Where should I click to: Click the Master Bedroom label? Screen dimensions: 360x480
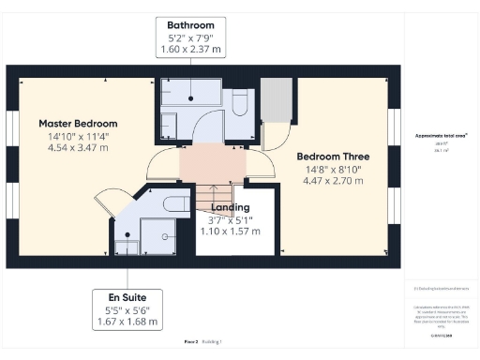pos(78,123)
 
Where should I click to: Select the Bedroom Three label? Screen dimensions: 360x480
pos(333,157)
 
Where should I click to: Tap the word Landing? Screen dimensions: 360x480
pos(231,207)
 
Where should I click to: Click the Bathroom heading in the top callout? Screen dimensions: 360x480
pos(191,25)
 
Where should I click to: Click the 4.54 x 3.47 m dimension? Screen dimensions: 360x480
pos(78,148)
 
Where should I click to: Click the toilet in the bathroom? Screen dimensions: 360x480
pos(241,99)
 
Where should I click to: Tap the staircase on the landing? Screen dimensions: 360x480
pos(212,197)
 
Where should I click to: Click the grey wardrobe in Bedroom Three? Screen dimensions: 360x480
pos(276,100)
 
